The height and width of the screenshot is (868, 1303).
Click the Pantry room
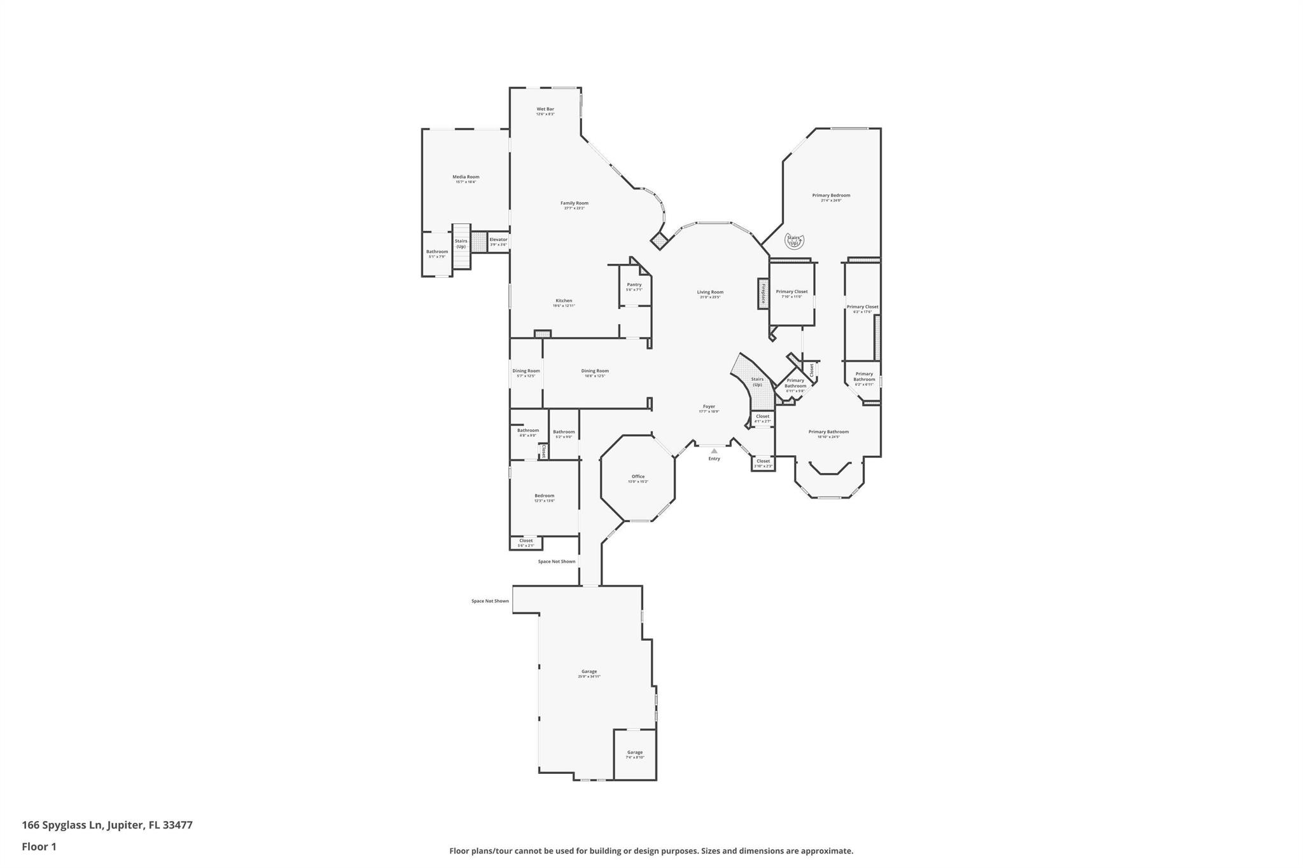tap(634, 286)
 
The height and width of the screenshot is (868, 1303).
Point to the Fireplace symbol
tap(763, 294)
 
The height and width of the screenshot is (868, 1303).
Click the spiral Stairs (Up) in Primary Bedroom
tap(794, 241)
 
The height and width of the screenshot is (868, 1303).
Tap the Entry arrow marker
tap(714, 451)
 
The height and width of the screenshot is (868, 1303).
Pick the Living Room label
tap(710, 294)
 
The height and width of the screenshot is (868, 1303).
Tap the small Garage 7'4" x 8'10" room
tap(635, 754)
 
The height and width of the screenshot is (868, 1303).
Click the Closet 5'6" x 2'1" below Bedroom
tap(526, 542)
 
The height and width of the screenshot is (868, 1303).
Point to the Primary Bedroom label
tap(831, 197)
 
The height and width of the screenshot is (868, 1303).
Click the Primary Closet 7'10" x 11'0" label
tap(791, 293)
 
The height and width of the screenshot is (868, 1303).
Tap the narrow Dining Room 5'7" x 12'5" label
tap(526, 373)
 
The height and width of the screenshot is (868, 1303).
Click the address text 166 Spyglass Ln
tap(107, 825)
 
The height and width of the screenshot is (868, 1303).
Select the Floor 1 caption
tap(39, 847)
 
